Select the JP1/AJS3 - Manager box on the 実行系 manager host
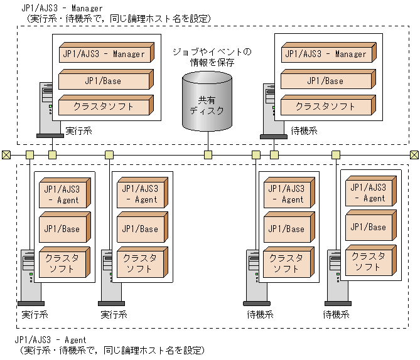click(x=104, y=55)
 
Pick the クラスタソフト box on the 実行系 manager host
click(x=104, y=107)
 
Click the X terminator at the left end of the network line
click(x=6, y=155)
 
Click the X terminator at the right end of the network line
click(x=414, y=155)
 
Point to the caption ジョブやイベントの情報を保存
click(x=212, y=57)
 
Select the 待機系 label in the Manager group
click(x=304, y=132)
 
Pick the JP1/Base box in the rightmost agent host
click(x=369, y=227)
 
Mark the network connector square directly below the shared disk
click(x=207, y=155)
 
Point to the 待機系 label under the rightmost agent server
click(x=336, y=314)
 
